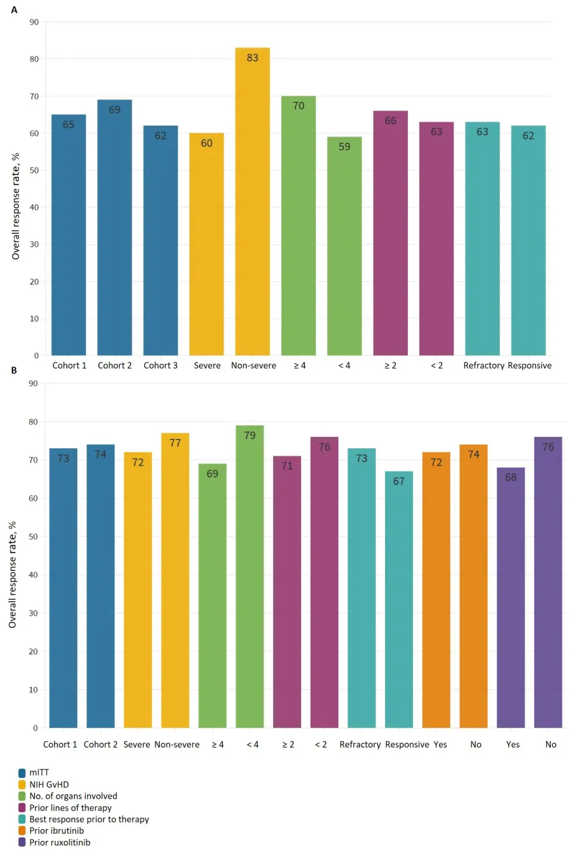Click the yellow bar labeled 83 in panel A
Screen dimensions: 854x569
[x=253, y=201]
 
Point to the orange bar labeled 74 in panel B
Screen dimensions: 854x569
[x=473, y=586]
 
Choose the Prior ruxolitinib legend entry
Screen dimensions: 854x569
[x=60, y=843]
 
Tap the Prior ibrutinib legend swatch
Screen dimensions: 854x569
[x=22, y=831]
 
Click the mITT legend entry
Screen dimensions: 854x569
[x=39, y=773]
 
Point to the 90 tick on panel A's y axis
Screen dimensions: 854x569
[x=34, y=22]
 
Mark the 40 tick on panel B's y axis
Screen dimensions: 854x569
[x=34, y=575]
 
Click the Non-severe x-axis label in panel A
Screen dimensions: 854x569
[x=254, y=366]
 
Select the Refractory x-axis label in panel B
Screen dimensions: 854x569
[x=360, y=745]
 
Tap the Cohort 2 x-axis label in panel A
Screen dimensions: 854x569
[x=114, y=366]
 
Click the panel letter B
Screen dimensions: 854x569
[x=14, y=370]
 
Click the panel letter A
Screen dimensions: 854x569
[x=14, y=10]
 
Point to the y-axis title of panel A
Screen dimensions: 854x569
[x=16, y=206]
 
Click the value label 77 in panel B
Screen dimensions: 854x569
[x=175, y=443]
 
